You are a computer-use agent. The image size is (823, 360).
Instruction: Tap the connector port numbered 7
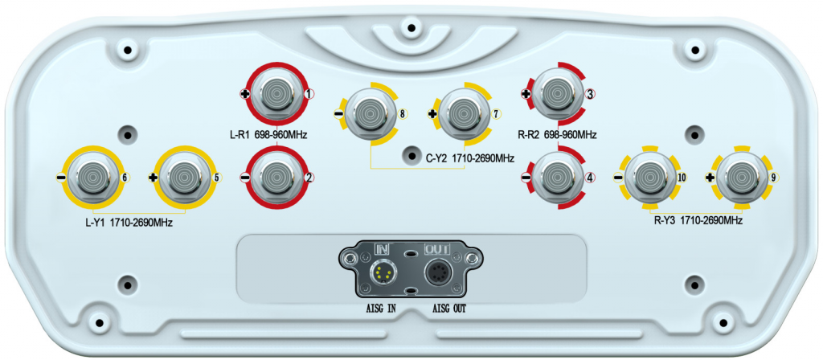[463, 113]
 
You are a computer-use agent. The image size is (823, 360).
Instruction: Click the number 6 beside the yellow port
[125, 177]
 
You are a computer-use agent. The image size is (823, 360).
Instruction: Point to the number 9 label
[773, 178]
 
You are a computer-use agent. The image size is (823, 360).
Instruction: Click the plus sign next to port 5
[154, 178]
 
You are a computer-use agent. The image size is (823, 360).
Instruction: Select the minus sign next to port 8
[338, 113]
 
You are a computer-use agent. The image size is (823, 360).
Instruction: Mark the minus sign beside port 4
[526, 178]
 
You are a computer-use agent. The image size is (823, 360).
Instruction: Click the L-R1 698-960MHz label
[268, 135]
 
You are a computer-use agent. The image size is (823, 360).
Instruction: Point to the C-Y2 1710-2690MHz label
[469, 157]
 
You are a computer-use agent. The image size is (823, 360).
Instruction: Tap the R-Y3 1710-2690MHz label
[698, 221]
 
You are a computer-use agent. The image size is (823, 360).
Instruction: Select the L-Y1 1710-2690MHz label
[129, 223]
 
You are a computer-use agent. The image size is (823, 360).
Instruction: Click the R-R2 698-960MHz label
[557, 135]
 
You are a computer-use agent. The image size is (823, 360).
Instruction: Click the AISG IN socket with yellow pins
[383, 273]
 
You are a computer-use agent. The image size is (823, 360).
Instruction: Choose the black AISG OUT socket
[436, 273]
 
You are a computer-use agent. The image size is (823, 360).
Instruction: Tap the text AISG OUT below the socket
[448, 309]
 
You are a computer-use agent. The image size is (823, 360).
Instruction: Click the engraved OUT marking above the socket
[435, 247]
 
